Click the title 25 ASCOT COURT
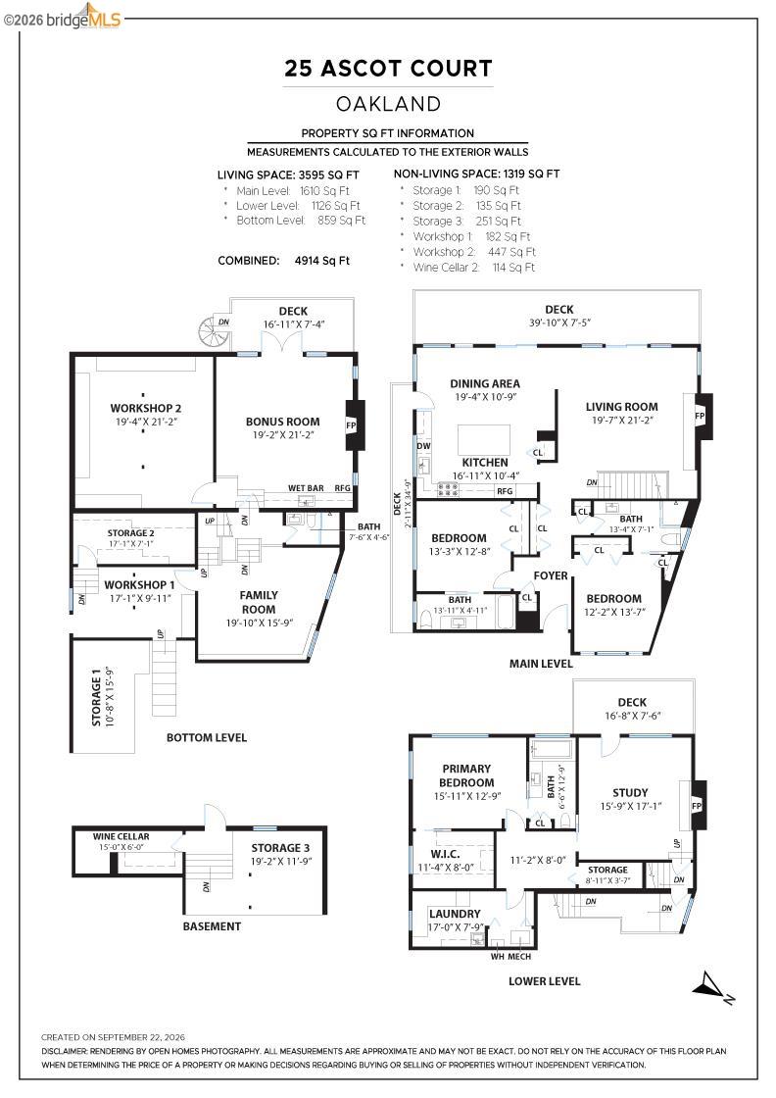click(x=388, y=68)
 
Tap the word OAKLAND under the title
click(x=388, y=104)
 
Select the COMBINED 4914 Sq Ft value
click(x=322, y=261)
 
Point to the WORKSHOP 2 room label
click(x=146, y=408)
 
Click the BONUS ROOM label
click(x=283, y=422)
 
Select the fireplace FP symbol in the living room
click(x=700, y=416)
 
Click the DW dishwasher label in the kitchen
click(x=423, y=445)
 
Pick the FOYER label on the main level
click(x=551, y=575)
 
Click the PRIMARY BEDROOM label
click(x=466, y=775)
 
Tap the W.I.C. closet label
click(x=445, y=854)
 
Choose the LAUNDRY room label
click(x=455, y=914)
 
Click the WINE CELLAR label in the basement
click(x=121, y=836)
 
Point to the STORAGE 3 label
click(x=280, y=848)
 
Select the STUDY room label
click(x=630, y=793)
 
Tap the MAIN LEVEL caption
click(x=541, y=663)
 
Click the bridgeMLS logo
click(x=63, y=18)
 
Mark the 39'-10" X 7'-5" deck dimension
click(x=559, y=323)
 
